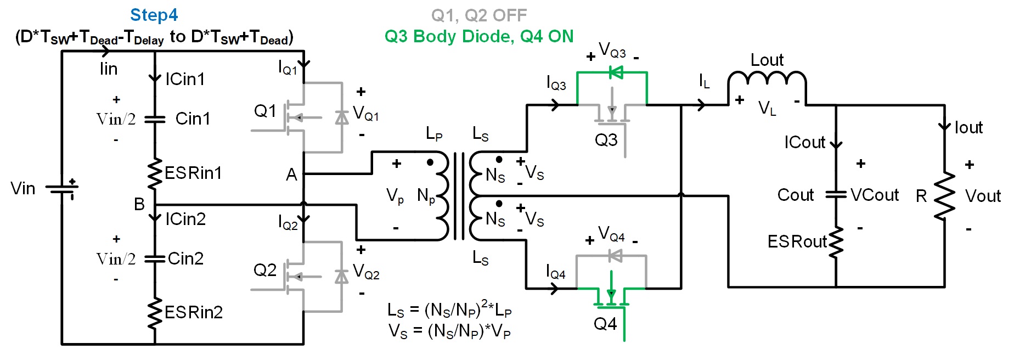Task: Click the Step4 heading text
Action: coord(154,15)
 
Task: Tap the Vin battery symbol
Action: coord(62,189)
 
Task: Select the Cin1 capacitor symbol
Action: coord(155,119)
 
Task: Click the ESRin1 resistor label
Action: coord(193,173)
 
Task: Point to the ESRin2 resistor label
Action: coord(194,312)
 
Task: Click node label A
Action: coord(291,175)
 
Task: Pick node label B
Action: coord(139,204)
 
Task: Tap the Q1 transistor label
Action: coord(265,111)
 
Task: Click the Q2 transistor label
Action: coord(265,270)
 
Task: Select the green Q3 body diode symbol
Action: coord(616,72)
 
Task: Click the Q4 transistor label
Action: coord(605,324)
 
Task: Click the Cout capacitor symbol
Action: coord(836,194)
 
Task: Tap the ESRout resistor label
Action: coord(797,241)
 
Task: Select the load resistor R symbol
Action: coord(944,196)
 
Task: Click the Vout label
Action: coord(983,196)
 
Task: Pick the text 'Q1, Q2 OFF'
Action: coord(479,15)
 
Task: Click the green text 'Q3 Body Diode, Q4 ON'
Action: coord(479,36)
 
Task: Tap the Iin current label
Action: coord(109,69)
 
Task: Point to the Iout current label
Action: coord(968,127)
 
